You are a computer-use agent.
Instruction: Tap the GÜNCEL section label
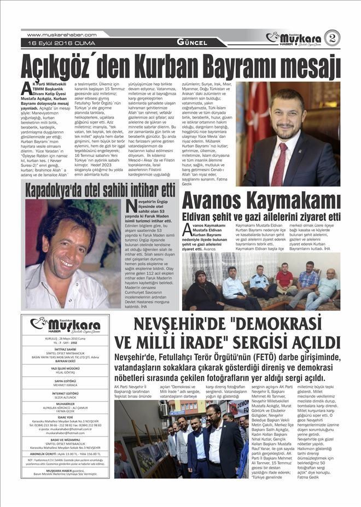(191, 43)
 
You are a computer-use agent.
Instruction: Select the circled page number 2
(332, 38)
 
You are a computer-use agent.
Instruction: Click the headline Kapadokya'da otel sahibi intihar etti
(100, 190)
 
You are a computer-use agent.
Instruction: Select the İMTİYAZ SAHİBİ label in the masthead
(65, 348)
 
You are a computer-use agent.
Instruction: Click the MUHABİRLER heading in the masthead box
(65, 405)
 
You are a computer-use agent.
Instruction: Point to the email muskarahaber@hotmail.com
(65, 432)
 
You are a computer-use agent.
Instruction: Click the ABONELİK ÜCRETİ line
(65, 453)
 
